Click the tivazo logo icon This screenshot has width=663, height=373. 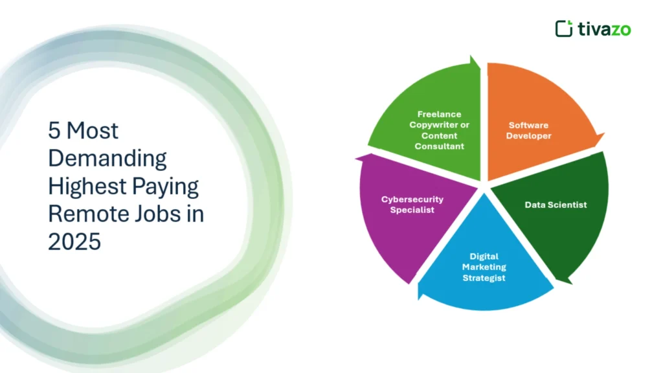[563, 28]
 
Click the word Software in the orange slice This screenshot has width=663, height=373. [528, 125]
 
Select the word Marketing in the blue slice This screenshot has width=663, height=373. [484, 267]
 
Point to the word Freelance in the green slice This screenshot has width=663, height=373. [440, 114]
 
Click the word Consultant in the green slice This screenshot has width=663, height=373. [440, 146]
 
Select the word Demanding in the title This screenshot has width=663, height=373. [107, 158]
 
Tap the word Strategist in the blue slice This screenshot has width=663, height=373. [484, 278]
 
